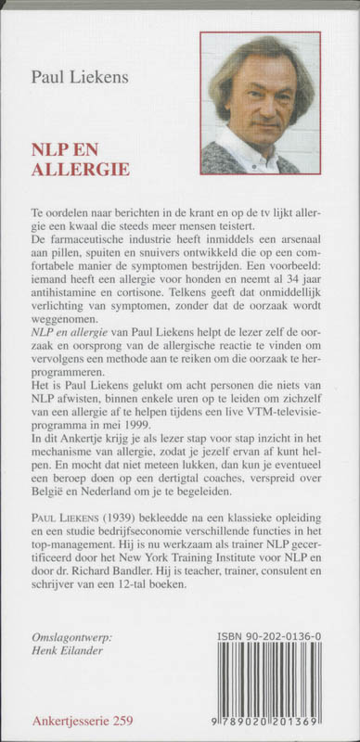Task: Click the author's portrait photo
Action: pyautogui.click(x=260, y=102)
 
